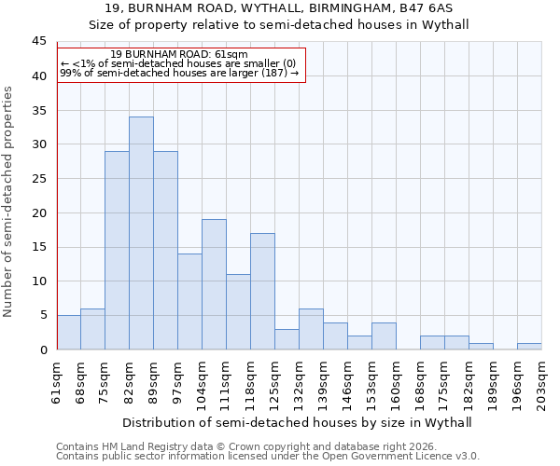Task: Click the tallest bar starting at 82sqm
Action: click(141, 233)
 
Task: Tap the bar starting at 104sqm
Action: click(214, 284)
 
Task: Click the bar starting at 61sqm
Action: click(68, 333)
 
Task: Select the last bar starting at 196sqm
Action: click(529, 346)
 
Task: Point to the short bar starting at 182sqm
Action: click(481, 346)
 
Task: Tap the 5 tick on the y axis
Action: click(42, 315)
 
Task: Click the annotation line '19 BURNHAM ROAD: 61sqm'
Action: click(178, 55)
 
